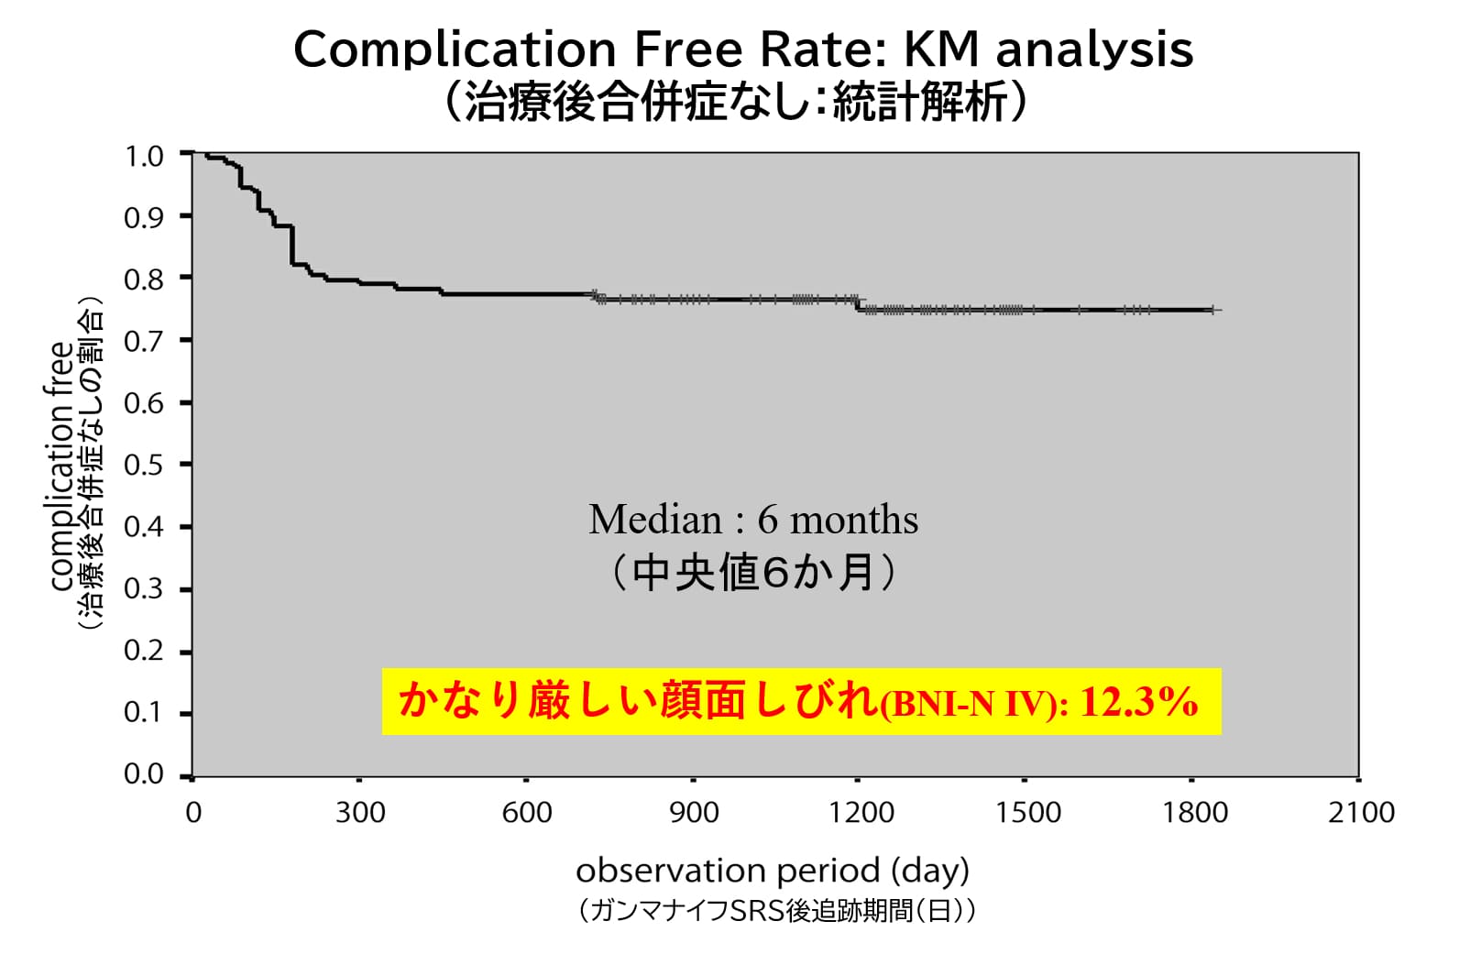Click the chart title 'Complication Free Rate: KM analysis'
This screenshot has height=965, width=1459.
coord(743,49)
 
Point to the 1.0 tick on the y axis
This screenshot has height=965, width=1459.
coord(144,156)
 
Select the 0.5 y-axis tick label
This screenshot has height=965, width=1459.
coord(144,465)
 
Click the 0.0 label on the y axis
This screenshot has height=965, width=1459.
coord(144,774)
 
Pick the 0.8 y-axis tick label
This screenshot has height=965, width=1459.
coord(144,279)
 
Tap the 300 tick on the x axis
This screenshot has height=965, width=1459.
coord(360,813)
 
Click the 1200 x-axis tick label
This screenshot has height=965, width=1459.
coord(861,813)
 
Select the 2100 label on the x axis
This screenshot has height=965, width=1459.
coord(1361,813)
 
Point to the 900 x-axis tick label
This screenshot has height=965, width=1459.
coord(694,813)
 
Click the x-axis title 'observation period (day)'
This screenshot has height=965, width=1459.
coord(772,870)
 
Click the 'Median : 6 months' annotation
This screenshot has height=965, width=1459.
coord(752,521)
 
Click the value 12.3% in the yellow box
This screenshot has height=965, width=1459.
coord(1139,702)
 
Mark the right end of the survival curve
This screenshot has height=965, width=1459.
coord(1214,311)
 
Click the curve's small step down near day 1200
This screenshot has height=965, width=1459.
coord(859,305)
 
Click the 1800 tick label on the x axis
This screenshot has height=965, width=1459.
coord(1194,813)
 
